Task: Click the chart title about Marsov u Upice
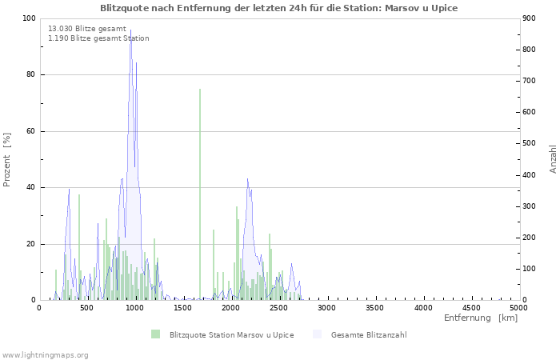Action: pyautogui.click(x=279, y=8)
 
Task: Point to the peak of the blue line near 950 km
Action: pyautogui.click(x=131, y=31)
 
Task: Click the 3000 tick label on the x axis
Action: pyautogui.click(x=326, y=307)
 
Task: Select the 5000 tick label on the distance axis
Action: pyautogui.click(x=518, y=307)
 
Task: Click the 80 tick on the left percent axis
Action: pyautogui.click(x=31, y=75)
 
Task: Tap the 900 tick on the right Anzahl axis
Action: pyautogui.click(x=529, y=18)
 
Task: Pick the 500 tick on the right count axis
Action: pyautogui.click(x=529, y=143)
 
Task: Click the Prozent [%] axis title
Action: pyautogui.click(x=8, y=159)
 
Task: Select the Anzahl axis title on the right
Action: pyautogui.click(x=553, y=159)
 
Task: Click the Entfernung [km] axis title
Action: pyautogui.click(x=481, y=318)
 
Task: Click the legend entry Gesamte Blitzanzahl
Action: pyautogui.click(x=369, y=334)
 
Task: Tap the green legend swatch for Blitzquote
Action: pyautogui.click(x=155, y=334)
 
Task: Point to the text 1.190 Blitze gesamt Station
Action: pyautogui.click(x=98, y=38)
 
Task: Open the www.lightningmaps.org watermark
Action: pyautogui.click(x=45, y=354)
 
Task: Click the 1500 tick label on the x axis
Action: pyautogui.click(x=182, y=307)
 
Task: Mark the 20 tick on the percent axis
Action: pyautogui.click(x=31, y=244)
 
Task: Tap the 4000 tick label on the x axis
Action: pyautogui.click(x=422, y=307)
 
